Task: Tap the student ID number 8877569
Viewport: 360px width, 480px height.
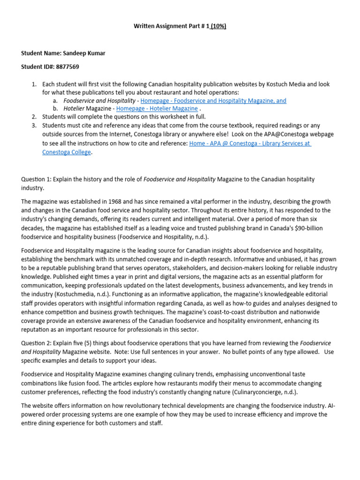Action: click(67, 67)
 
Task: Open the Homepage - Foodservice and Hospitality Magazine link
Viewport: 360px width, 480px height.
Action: click(213, 100)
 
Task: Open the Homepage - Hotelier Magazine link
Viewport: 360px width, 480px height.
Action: click(157, 108)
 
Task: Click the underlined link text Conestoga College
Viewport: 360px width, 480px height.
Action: click(67, 152)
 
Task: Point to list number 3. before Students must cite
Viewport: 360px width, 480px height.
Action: click(34, 125)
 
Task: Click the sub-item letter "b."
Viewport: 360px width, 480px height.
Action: click(56, 108)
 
